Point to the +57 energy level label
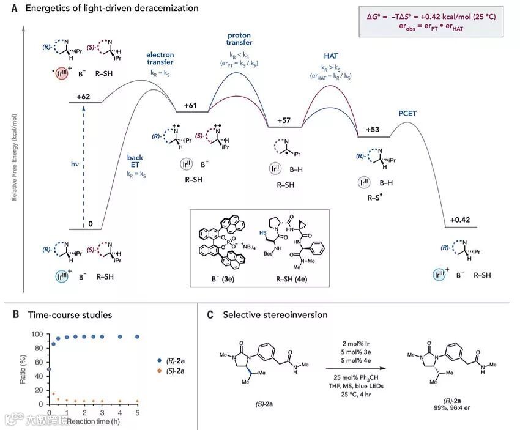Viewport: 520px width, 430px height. click(x=283, y=120)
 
